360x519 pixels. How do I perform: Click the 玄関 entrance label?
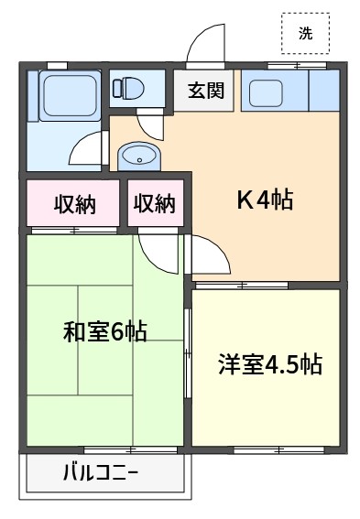point(206,90)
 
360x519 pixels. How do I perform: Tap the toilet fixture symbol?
point(128,87)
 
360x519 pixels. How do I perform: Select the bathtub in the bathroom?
point(70,96)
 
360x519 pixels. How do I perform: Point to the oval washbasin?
point(139,157)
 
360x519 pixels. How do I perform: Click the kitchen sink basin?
point(266,93)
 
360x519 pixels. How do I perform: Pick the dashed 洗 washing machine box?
point(305,33)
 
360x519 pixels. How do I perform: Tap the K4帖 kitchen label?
point(265,200)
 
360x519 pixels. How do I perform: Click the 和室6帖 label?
point(104,331)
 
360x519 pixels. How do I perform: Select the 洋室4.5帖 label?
point(270,364)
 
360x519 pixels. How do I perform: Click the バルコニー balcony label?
point(101,472)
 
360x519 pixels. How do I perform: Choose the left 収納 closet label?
point(75,204)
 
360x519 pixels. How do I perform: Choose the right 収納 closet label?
point(154,203)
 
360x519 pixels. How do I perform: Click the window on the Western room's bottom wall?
point(278,450)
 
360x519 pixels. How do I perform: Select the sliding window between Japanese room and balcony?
point(130,450)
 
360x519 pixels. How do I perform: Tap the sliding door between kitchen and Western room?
point(242,286)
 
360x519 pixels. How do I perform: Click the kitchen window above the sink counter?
point(297,66)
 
